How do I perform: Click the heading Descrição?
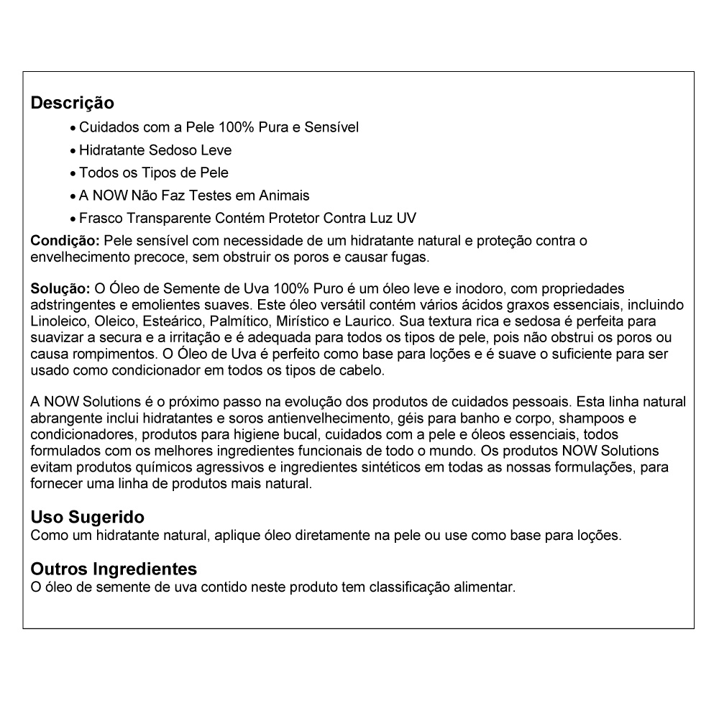pyautogui.click(x=72, y=103)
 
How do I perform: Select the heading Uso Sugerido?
pyautogui.click(x=87, y=517)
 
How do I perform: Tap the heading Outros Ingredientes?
pyautogui.click(x=114, y=569)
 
